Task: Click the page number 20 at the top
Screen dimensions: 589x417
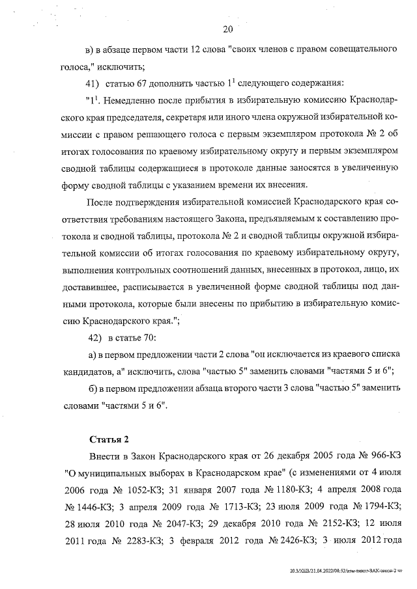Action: pyautogui.click(x=227, y=29)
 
